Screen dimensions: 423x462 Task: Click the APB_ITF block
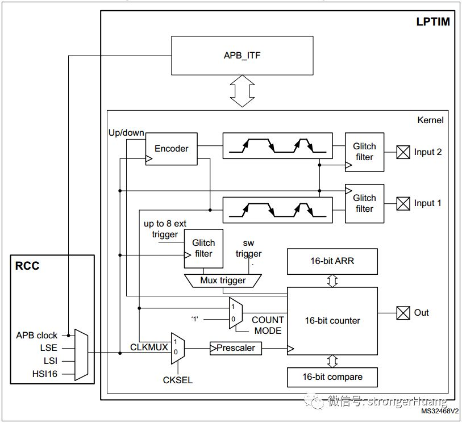coord(242,56)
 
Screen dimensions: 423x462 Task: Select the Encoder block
coord(171,149)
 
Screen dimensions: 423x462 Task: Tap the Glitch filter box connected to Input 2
coord(364,152)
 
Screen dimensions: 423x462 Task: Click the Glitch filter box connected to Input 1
coord(364,203)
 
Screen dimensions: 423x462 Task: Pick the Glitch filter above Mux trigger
coord(203,249)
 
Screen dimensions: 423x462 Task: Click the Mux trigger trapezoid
coord(223,280)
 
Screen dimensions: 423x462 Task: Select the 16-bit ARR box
coord(332,261)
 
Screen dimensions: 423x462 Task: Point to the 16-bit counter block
coord(332,320)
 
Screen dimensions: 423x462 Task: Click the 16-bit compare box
coord(332,377)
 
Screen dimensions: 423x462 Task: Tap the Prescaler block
coord(236,347)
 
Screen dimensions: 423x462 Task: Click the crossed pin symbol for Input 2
coord(403,152)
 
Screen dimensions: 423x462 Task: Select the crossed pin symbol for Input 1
coord(403,203)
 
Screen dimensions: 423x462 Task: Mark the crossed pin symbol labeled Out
coord(403,313)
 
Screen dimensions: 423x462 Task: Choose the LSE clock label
coord(49,348)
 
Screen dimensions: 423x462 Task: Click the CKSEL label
coord(177,380)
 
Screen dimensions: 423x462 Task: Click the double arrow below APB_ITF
coord(242,92)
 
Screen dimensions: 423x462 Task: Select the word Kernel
coord(430,120)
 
